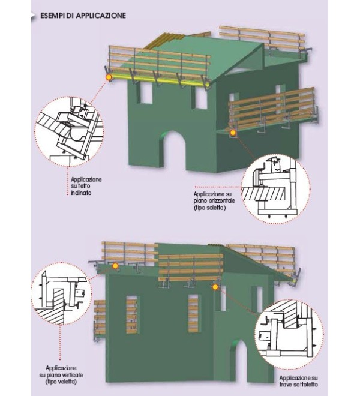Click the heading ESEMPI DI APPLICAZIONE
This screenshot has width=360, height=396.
83,16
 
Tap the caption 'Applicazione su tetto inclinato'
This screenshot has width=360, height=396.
86,186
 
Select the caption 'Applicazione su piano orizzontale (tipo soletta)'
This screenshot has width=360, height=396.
214,201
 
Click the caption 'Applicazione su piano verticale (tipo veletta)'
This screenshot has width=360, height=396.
61,375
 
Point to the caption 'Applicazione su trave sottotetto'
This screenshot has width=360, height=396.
299,382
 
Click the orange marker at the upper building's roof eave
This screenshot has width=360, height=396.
109,77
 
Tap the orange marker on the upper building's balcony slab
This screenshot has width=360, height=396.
233,133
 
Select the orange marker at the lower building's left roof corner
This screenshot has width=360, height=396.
115,266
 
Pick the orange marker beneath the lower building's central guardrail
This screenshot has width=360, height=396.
215,287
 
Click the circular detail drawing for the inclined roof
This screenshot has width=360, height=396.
69,131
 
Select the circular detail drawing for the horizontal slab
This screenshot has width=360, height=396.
275,189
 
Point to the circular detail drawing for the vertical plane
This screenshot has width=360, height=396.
62,294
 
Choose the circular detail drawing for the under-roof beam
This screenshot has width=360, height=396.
289,334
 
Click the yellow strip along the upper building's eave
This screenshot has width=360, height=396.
159,80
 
